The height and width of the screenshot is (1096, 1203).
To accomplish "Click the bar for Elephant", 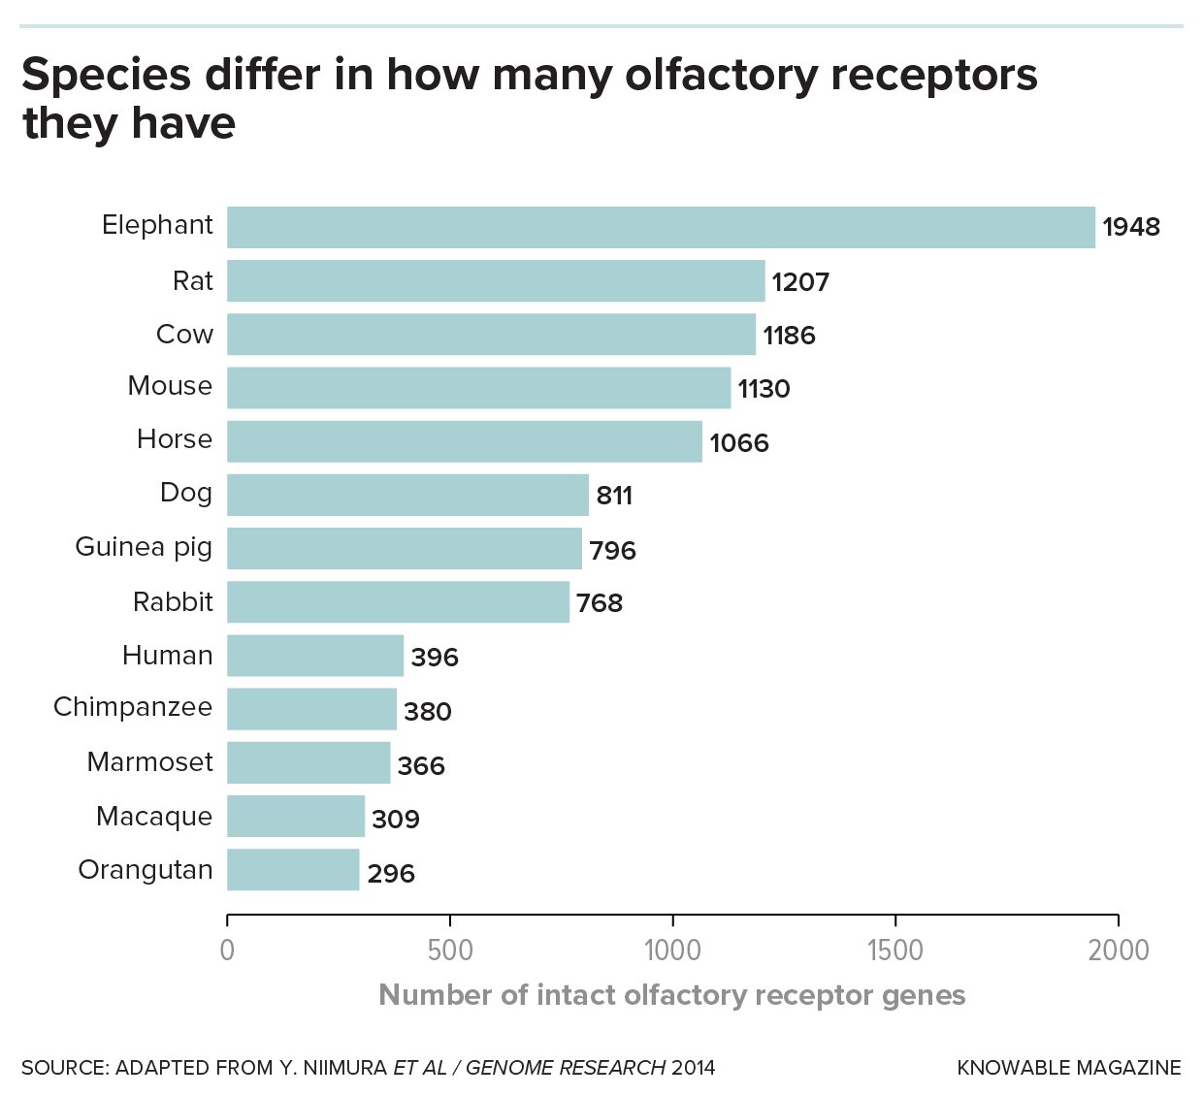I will (x=661, y=227).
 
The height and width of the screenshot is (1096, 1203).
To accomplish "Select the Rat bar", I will (x=496, y=281).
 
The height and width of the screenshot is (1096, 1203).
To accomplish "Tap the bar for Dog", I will (x=407, y=495).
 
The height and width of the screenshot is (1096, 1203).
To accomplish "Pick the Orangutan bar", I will (x=293, y=870).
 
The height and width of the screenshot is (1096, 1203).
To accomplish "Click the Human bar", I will (x=315, y=656).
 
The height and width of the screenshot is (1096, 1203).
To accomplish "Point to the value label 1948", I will (x=1131, y=228).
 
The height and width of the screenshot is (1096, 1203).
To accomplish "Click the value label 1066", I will (x=739, y=443).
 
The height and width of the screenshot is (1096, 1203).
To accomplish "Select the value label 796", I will (x=613, y=551).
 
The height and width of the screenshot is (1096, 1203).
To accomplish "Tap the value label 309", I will (x=396, y=820).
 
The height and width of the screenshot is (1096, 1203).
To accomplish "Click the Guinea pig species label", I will (x=144, y=548).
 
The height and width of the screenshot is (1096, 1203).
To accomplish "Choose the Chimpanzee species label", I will (x=133, y=707).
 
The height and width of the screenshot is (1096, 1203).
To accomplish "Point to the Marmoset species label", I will (x=149, y=762).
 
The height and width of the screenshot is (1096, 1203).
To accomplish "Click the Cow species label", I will (x=184, y=335).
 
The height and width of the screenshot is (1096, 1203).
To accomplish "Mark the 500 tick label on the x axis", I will (x=450, y=950).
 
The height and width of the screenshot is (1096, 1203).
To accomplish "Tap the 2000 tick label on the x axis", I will (x=1118, y=950).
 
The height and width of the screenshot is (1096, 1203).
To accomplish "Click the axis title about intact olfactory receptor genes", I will (x=671, y=995).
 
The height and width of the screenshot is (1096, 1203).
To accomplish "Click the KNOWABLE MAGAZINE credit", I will (x=1069, y=1068).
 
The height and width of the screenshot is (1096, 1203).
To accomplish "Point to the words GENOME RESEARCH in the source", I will (x=565, y=1068).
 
